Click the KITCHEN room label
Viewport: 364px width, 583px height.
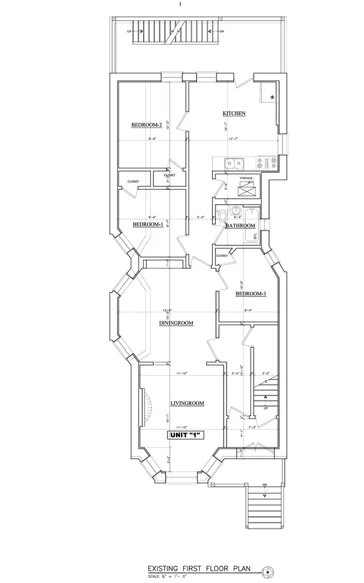pyautogui.click(x=234, y=113)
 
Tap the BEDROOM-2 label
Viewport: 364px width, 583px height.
pyautogui.click(x=146, y=125)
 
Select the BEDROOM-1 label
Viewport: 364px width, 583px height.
pyautogui.click(x=147, y=225)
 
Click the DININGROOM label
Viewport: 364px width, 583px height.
pyautogui.click(x=176, y=323)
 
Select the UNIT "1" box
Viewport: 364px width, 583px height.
pyautogui.click(x=187, y=435)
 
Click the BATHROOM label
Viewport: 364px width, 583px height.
pyautogui.click(x=240, y=225)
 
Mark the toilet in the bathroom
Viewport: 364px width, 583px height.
pyautogui.click(x=223, y=216)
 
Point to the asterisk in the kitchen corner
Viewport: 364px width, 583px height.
pyautogui.click(x=272, y=97)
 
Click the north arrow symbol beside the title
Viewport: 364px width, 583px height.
pyautogui.click(x=266, y=571)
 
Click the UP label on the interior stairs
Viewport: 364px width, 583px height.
pyautogui.click(x=265, y=408)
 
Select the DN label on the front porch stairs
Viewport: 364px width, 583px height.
pyautogui.click(x=265, y=485)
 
